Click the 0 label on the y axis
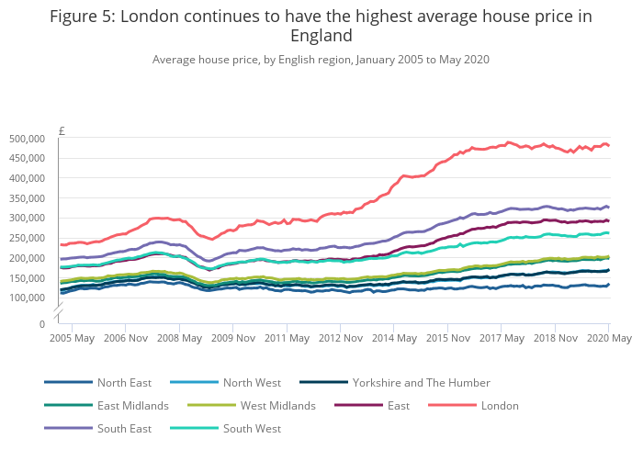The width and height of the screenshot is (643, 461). (42, 324)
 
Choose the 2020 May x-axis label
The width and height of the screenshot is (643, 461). (609, 338)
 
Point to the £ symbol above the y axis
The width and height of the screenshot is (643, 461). (62, 129)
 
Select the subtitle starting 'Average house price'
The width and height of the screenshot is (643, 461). (321, 60)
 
